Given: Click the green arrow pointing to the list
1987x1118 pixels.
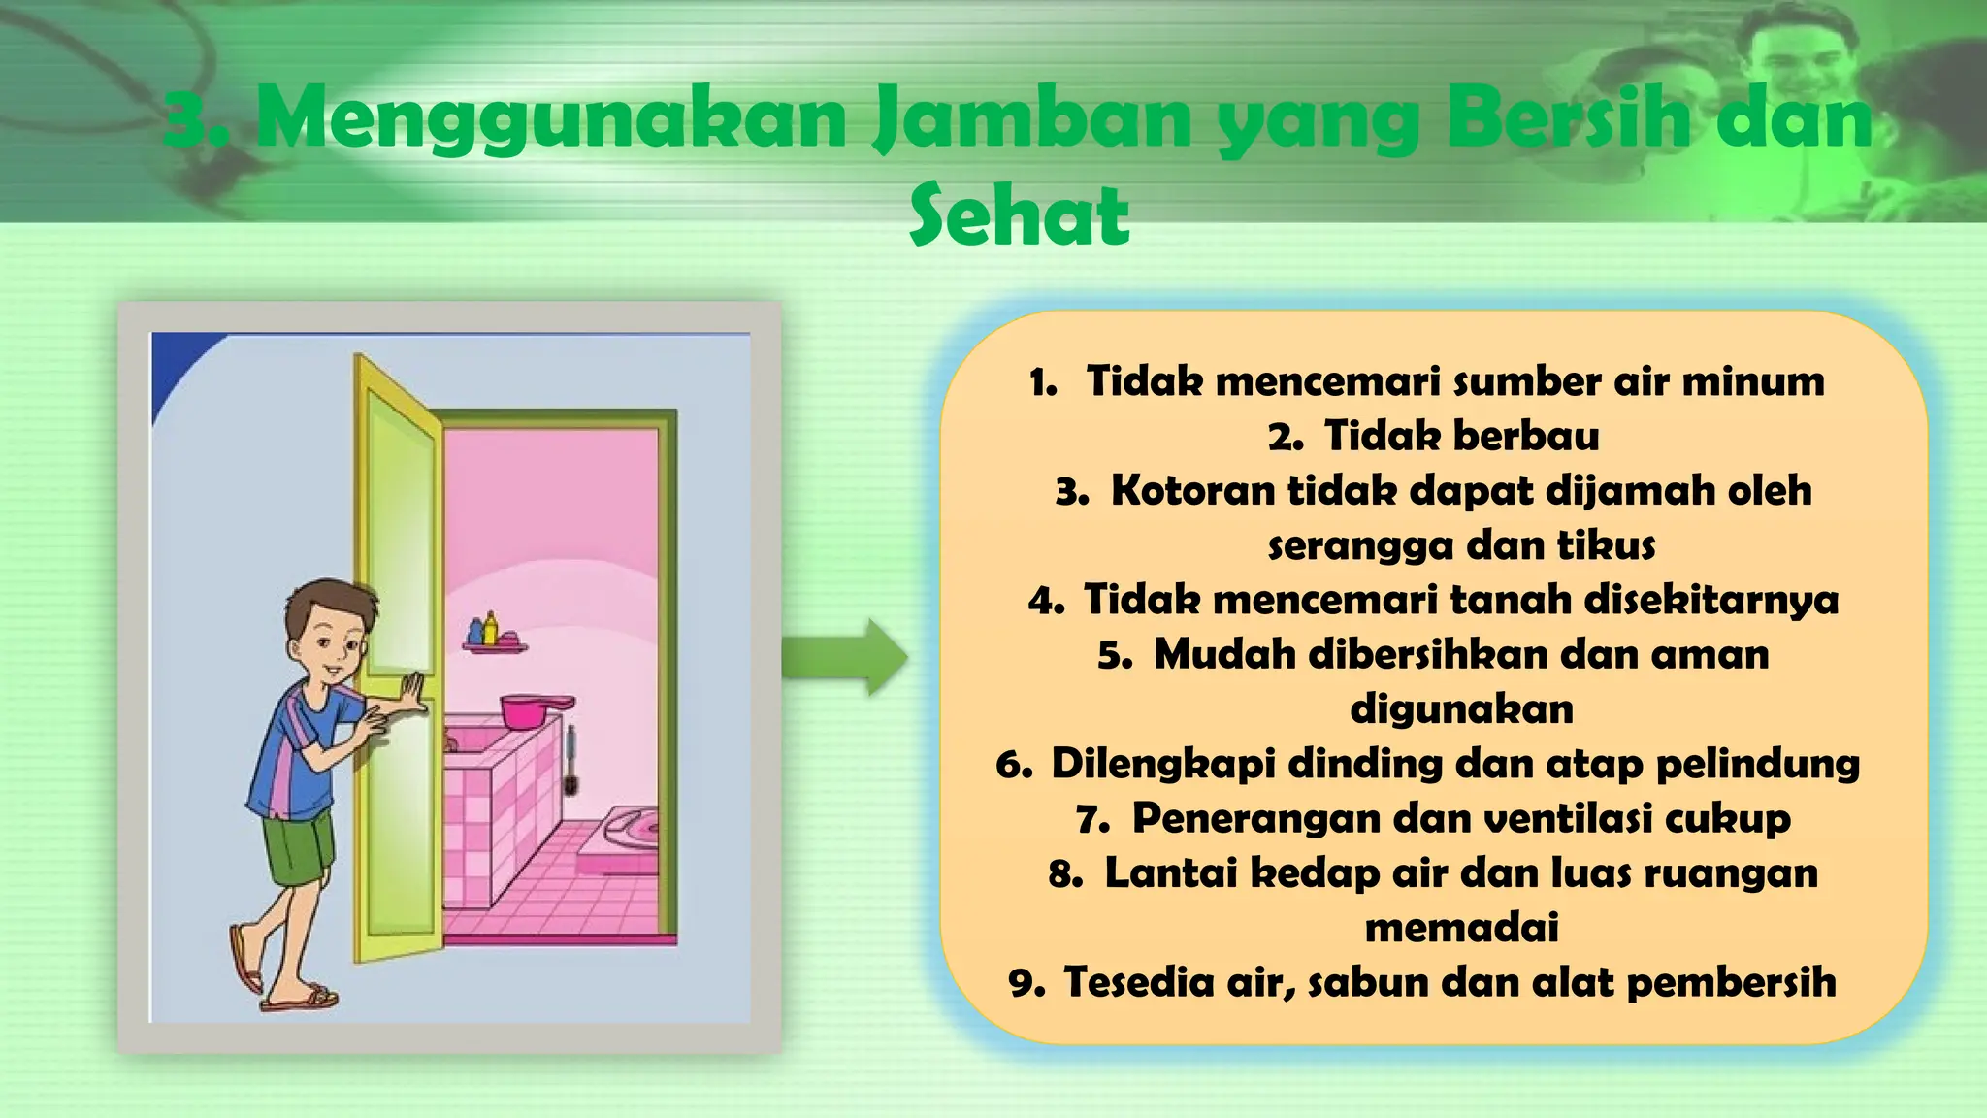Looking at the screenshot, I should (x=844, y=658).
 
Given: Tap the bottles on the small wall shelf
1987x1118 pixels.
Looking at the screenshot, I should (x=483, y=629).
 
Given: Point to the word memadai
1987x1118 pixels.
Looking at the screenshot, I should (x=1461, y=928).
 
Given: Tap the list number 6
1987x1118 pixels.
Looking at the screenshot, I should (x=1013, y=765).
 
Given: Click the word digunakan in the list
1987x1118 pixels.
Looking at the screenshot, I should (x=1461, y=709).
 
